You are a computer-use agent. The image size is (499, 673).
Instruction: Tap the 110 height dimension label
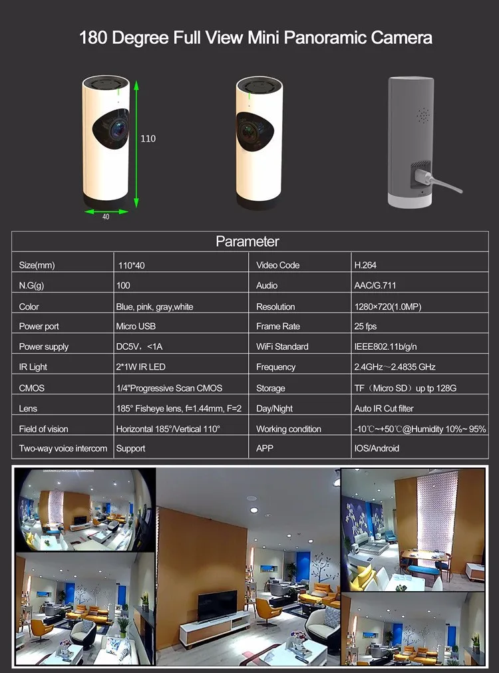tap(148, 138)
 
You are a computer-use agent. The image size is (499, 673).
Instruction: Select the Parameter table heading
tap(248, 241)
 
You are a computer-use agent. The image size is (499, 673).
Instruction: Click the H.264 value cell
tap(365, 265)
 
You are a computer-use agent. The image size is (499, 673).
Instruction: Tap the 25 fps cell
tap(365, 327)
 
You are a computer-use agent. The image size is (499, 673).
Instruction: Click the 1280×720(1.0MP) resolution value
tap(387, 307)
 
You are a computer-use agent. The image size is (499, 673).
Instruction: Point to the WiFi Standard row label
tap(282, 346)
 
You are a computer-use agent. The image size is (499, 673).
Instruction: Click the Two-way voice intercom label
tap(63, 448)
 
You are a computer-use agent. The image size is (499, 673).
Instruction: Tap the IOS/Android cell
tap(377, 448)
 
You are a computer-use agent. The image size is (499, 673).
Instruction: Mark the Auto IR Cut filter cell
tap(383, 408)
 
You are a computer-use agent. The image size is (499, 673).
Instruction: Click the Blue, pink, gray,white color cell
tap(154, 307)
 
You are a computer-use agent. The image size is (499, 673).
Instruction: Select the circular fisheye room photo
tap(84, 509)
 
